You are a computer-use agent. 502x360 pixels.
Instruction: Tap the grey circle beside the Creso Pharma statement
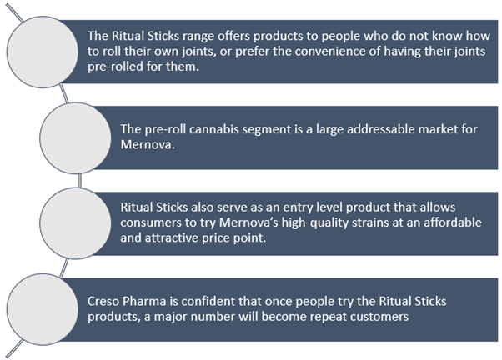pyautogui.click(x=43, y=309)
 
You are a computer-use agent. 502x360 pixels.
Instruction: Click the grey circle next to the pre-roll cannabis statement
pyautogui.click(x=75, y=138)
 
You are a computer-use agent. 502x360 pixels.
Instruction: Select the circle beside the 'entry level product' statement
pyautogui.click(x=75, y=223)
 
